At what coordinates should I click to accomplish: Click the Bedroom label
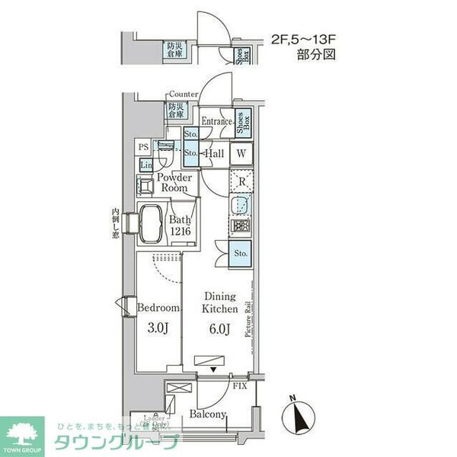tap(159, 308)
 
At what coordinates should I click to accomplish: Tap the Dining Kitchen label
tap(219, 303)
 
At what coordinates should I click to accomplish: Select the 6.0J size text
tap(219, 330)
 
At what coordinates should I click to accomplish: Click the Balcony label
tap(208, 414)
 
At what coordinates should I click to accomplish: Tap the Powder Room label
tap(174, 183)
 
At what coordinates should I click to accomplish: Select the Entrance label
tap(216, 121)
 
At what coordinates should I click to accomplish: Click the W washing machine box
tap(241, 152)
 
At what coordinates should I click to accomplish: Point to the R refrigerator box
tap(241, 182)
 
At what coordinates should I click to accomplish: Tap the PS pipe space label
tap(143, 148)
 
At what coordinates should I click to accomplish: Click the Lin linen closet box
tap(145, 165)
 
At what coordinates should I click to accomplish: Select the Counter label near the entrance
tap(184, 94)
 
